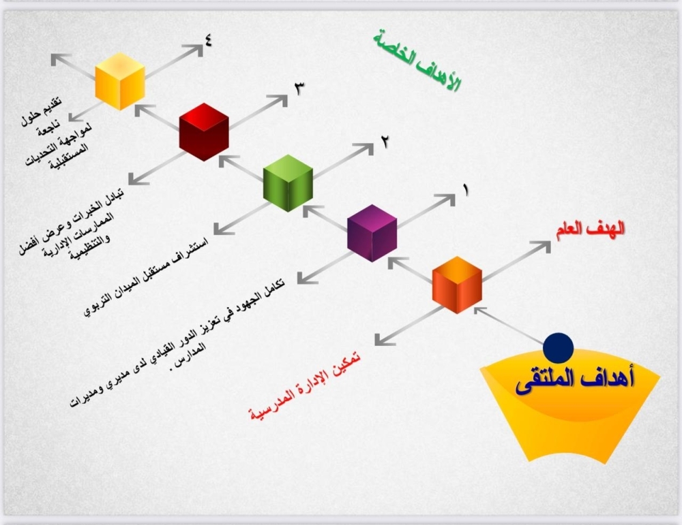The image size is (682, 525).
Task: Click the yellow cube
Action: [120, 81]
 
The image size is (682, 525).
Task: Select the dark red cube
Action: [204, 131]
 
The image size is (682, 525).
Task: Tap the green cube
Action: [288, 182]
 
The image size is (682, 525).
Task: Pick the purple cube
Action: [372, 233]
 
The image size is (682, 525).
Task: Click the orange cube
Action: [457, 285]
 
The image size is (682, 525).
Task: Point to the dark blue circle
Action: [559, 348]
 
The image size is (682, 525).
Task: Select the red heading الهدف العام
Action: [590, 229]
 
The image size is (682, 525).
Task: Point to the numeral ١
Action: [466, 190]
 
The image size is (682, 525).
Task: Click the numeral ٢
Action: [385, 141]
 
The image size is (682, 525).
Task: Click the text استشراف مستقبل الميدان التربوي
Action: [146, 277]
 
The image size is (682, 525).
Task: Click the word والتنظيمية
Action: [89, 248]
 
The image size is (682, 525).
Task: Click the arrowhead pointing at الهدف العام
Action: [542, 247]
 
